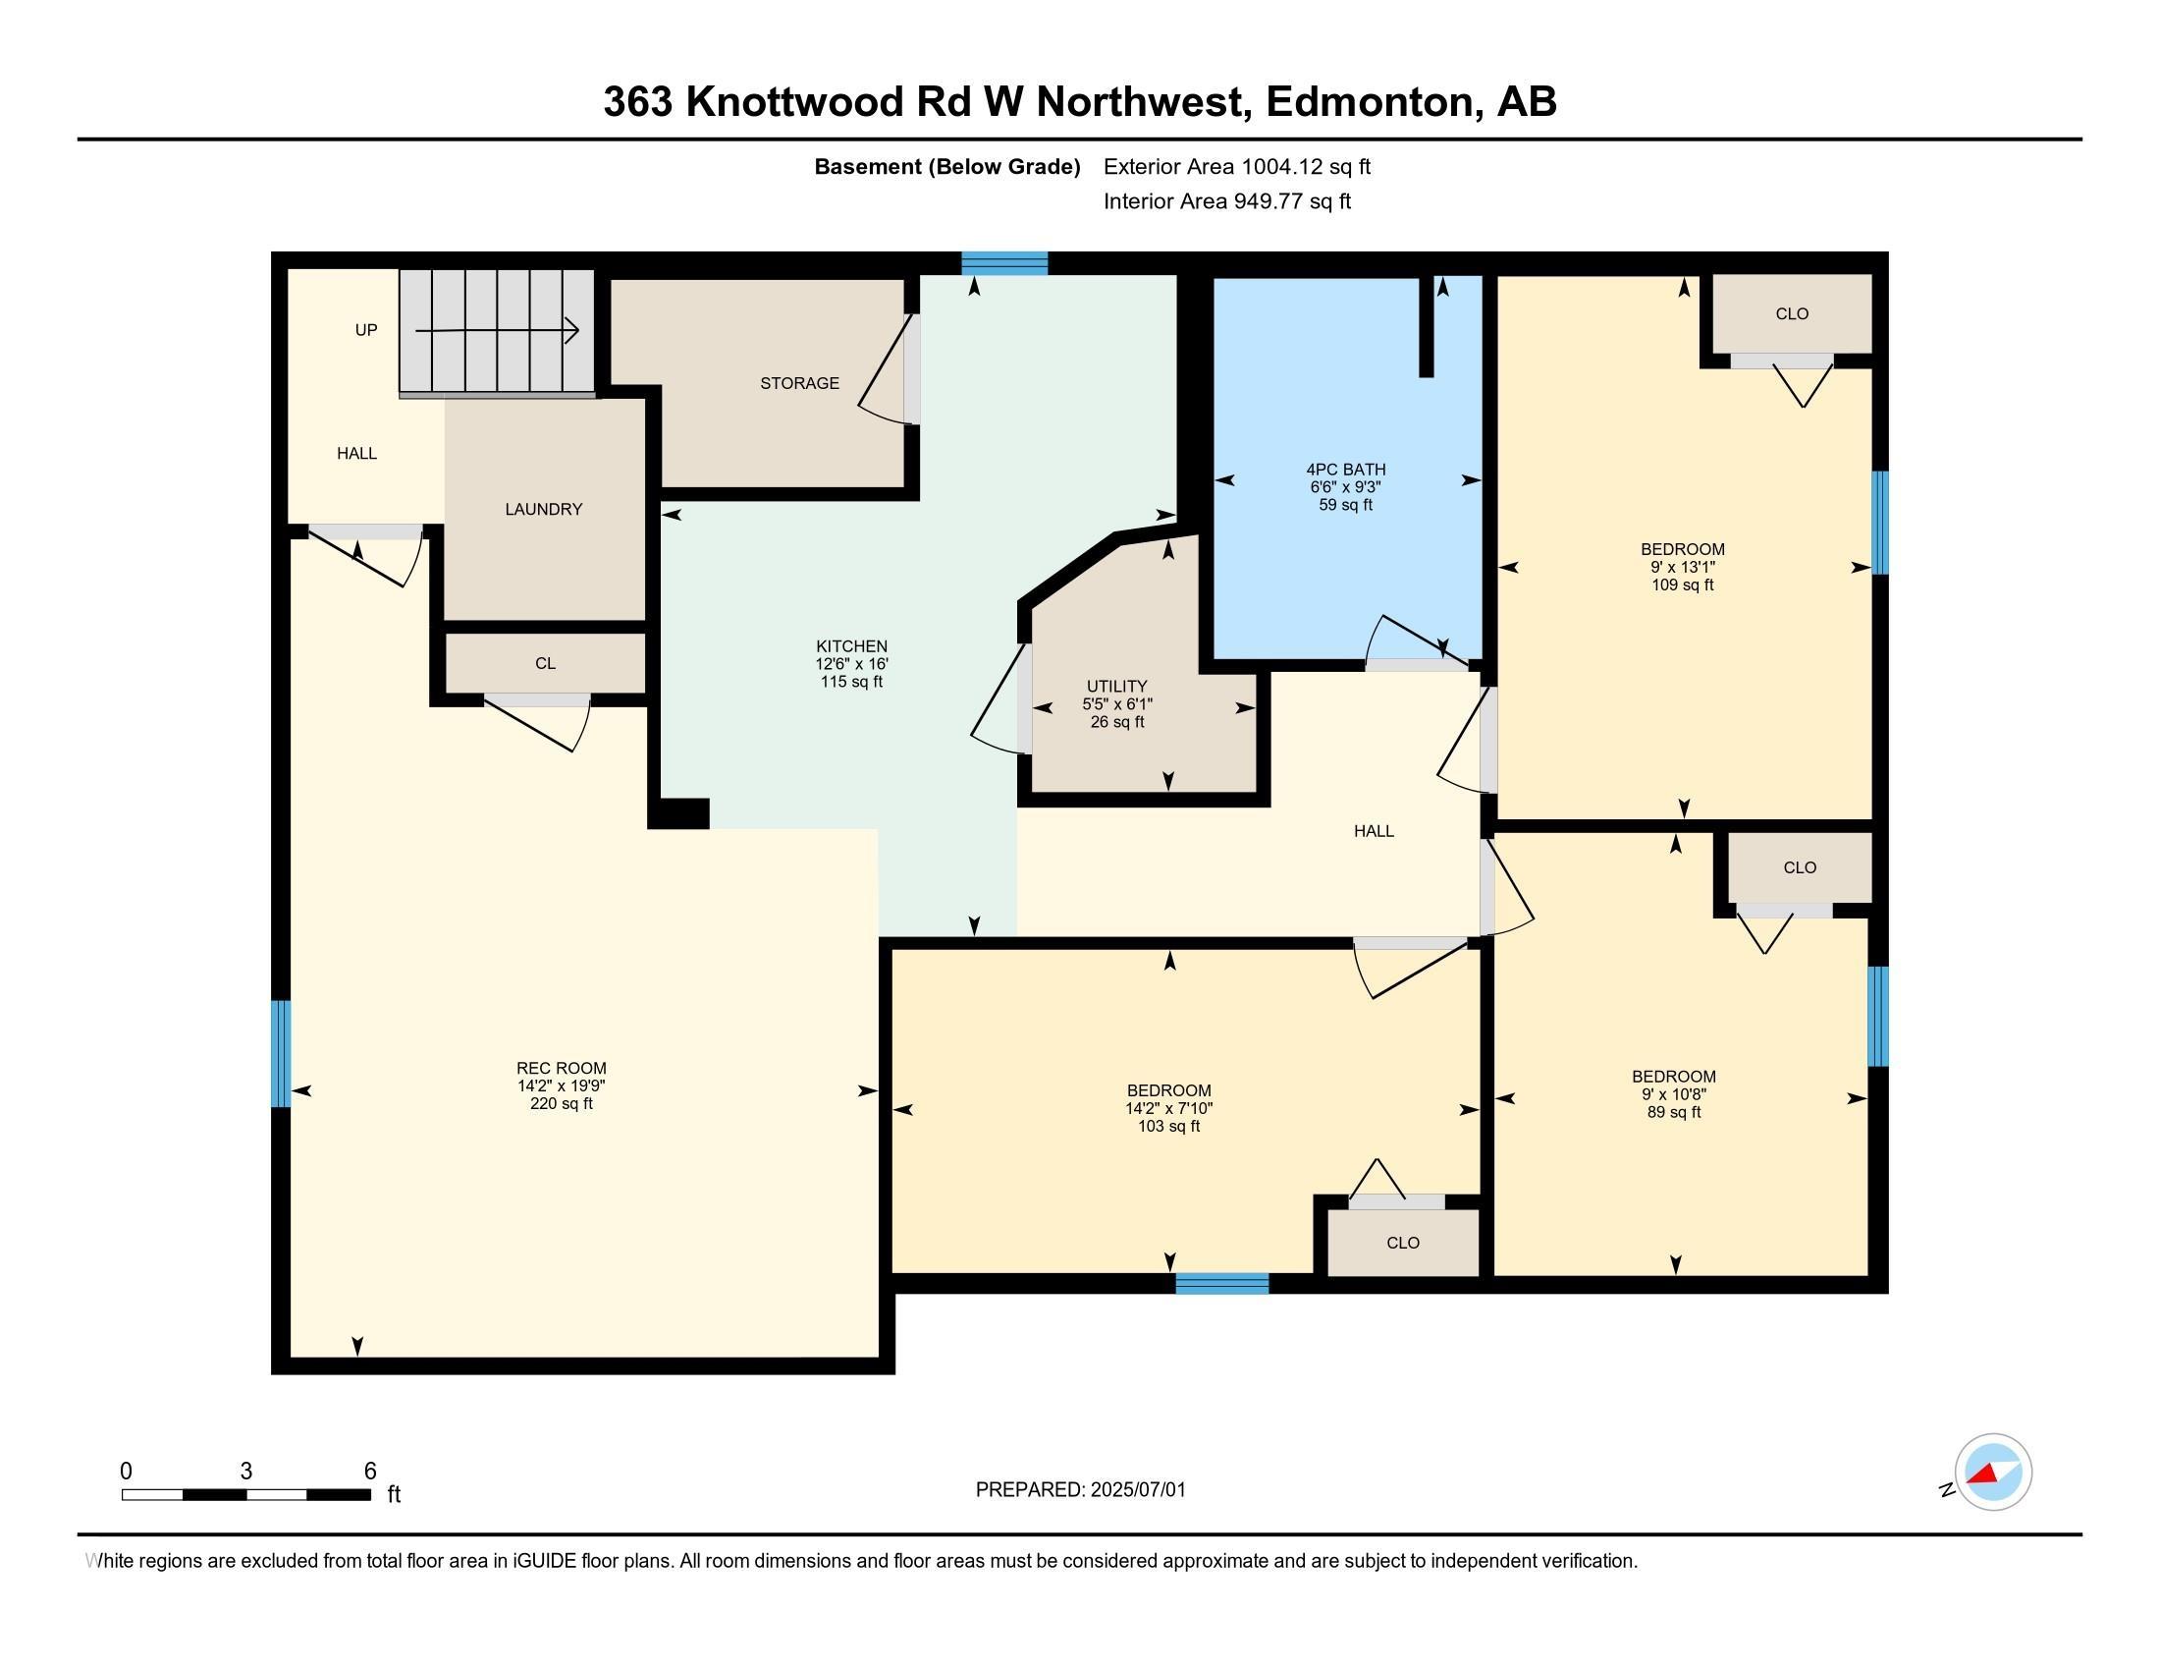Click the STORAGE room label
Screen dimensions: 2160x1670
tap(799, 383)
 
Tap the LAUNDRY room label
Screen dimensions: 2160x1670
tap(543, 509)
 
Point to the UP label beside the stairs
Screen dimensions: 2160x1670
tap(366, 329)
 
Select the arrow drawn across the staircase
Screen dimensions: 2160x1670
tap(497, 330)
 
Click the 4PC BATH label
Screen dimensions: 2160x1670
tap(1345, 469)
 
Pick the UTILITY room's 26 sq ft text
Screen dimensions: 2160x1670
tap(1116, 722)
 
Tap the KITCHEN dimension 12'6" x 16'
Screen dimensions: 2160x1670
tap(851, 664)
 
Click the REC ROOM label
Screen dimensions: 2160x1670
tap(561, 1068)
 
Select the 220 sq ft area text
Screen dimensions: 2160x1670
tap(561, 1103)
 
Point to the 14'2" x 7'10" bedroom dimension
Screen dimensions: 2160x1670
tap(1168, 1108)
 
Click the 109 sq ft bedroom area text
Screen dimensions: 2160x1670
tap(1682, 584)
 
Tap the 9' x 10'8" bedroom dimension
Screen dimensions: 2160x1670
tap(1673, 1094)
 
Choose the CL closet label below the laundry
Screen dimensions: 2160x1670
tap(545, 663)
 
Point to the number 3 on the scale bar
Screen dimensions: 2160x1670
tap(245, 1472)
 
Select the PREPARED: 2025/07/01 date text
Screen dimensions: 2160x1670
tap(1080, 1489)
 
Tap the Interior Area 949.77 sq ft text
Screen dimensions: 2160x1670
tap(1226, 200)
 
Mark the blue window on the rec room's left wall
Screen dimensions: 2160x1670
tap(281, 1053)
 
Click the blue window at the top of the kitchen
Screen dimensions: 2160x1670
tap(1003, 263)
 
